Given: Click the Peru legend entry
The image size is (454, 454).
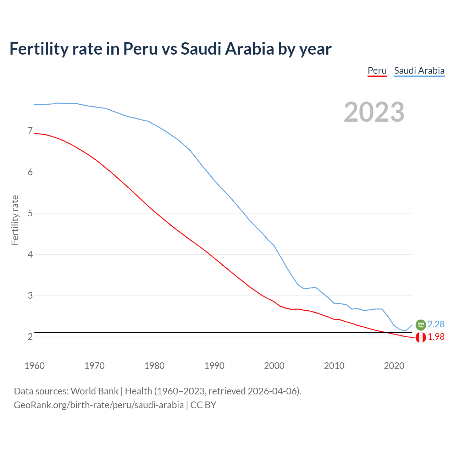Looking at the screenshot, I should click(x=377, y=71).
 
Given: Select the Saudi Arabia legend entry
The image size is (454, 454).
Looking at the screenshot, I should click(x=419, y=71).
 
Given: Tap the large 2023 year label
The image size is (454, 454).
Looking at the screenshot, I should click(x=374, y=112).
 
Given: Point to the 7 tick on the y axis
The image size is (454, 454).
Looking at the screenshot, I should click(x=30, y=131).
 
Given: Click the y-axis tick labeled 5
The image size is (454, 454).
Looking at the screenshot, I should click(x=30, y=213).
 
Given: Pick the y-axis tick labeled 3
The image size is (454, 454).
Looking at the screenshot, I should click(x=30, y=295).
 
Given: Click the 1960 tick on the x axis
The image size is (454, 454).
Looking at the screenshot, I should click(x=34, y=366).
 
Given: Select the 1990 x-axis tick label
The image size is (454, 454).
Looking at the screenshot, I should click(x=214, y=366).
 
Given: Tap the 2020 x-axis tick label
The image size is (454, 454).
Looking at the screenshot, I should click(x=394, y=366).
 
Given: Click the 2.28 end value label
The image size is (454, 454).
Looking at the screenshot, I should click(x=436, y=324).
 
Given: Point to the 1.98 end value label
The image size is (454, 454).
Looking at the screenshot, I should click(x=436, y=337).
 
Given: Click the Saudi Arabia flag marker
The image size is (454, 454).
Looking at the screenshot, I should click(x=421, y=325).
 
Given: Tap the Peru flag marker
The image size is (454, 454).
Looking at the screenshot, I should click(x=421, y=337).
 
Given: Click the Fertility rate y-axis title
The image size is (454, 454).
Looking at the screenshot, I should click(x=15, y=220).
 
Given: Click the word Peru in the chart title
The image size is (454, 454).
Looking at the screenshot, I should click(x=140, y=49).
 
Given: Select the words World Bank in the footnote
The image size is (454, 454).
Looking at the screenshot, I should click(x=94, y=391).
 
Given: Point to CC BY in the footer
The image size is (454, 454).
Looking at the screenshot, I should click(x=203, y=405).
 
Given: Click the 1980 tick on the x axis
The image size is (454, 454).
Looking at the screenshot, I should click(x=154, y=366).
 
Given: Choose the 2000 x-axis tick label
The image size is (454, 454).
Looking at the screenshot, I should click(x=274, y=366).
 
